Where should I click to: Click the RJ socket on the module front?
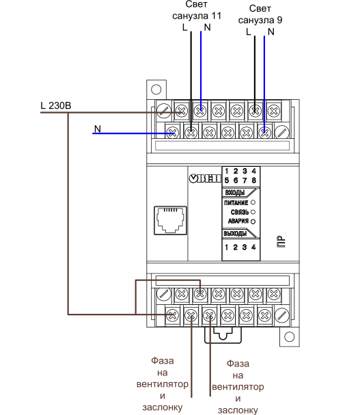point(170,220)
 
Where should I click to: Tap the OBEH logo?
point(205,178)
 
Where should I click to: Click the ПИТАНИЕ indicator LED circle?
point(253,202)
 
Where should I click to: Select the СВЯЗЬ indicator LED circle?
point(253,212)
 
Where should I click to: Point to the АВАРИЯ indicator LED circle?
point(253,222)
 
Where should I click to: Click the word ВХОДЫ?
point(235,193)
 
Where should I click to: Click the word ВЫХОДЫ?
point(235,233)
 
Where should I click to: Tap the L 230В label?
point(56,105)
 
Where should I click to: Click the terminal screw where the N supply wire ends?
point(172,132)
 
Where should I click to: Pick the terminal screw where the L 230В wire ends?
point(182,111)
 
